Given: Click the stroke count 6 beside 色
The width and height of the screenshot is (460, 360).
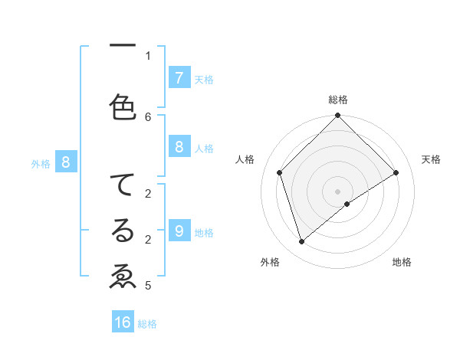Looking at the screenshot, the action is (148, 116).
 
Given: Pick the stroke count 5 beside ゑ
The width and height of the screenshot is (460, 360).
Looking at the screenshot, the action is (148, 286).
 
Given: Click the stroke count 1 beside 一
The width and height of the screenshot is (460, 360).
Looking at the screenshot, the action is (148, 55).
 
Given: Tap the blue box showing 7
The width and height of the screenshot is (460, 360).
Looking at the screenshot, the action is (179, 78).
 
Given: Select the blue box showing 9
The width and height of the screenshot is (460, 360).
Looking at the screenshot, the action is (179, 231).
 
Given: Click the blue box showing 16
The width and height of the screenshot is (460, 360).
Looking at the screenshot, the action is (123, 322).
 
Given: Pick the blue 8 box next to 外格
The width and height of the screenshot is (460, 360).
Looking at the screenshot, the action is (66, 162).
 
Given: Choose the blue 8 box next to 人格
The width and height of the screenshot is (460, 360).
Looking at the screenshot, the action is (179, 147).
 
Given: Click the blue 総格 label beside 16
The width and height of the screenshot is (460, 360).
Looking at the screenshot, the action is (147, 324).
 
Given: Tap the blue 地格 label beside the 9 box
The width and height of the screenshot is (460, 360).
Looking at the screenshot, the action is (204, 232).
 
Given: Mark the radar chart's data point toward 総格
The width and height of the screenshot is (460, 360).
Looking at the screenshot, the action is (337, 116).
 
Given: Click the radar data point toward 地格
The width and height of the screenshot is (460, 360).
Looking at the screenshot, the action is (347, 204).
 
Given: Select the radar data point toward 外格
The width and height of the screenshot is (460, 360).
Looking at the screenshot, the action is (301, 242).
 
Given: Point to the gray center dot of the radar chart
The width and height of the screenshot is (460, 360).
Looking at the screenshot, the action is (337, 191).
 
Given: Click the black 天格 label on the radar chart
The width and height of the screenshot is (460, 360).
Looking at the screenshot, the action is (431, 159).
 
